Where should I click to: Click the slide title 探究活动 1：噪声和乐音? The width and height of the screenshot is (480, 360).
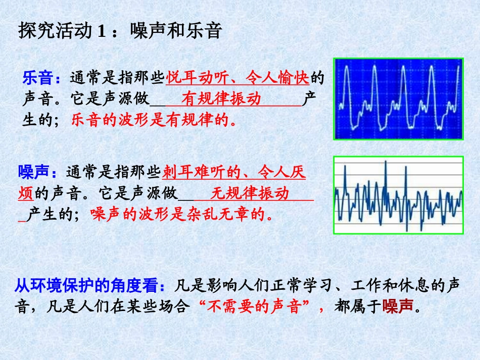coord(120,31)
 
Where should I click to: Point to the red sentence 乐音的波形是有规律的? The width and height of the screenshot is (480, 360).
coord(154,120)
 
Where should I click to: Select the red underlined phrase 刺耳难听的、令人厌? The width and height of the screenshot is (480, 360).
coord(234,172)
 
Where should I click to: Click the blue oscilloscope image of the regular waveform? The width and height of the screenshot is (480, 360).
coord(398,99)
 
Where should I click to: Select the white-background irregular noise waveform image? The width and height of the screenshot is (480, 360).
coord(398,195)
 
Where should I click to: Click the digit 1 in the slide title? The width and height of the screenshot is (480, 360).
coord(101,32)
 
